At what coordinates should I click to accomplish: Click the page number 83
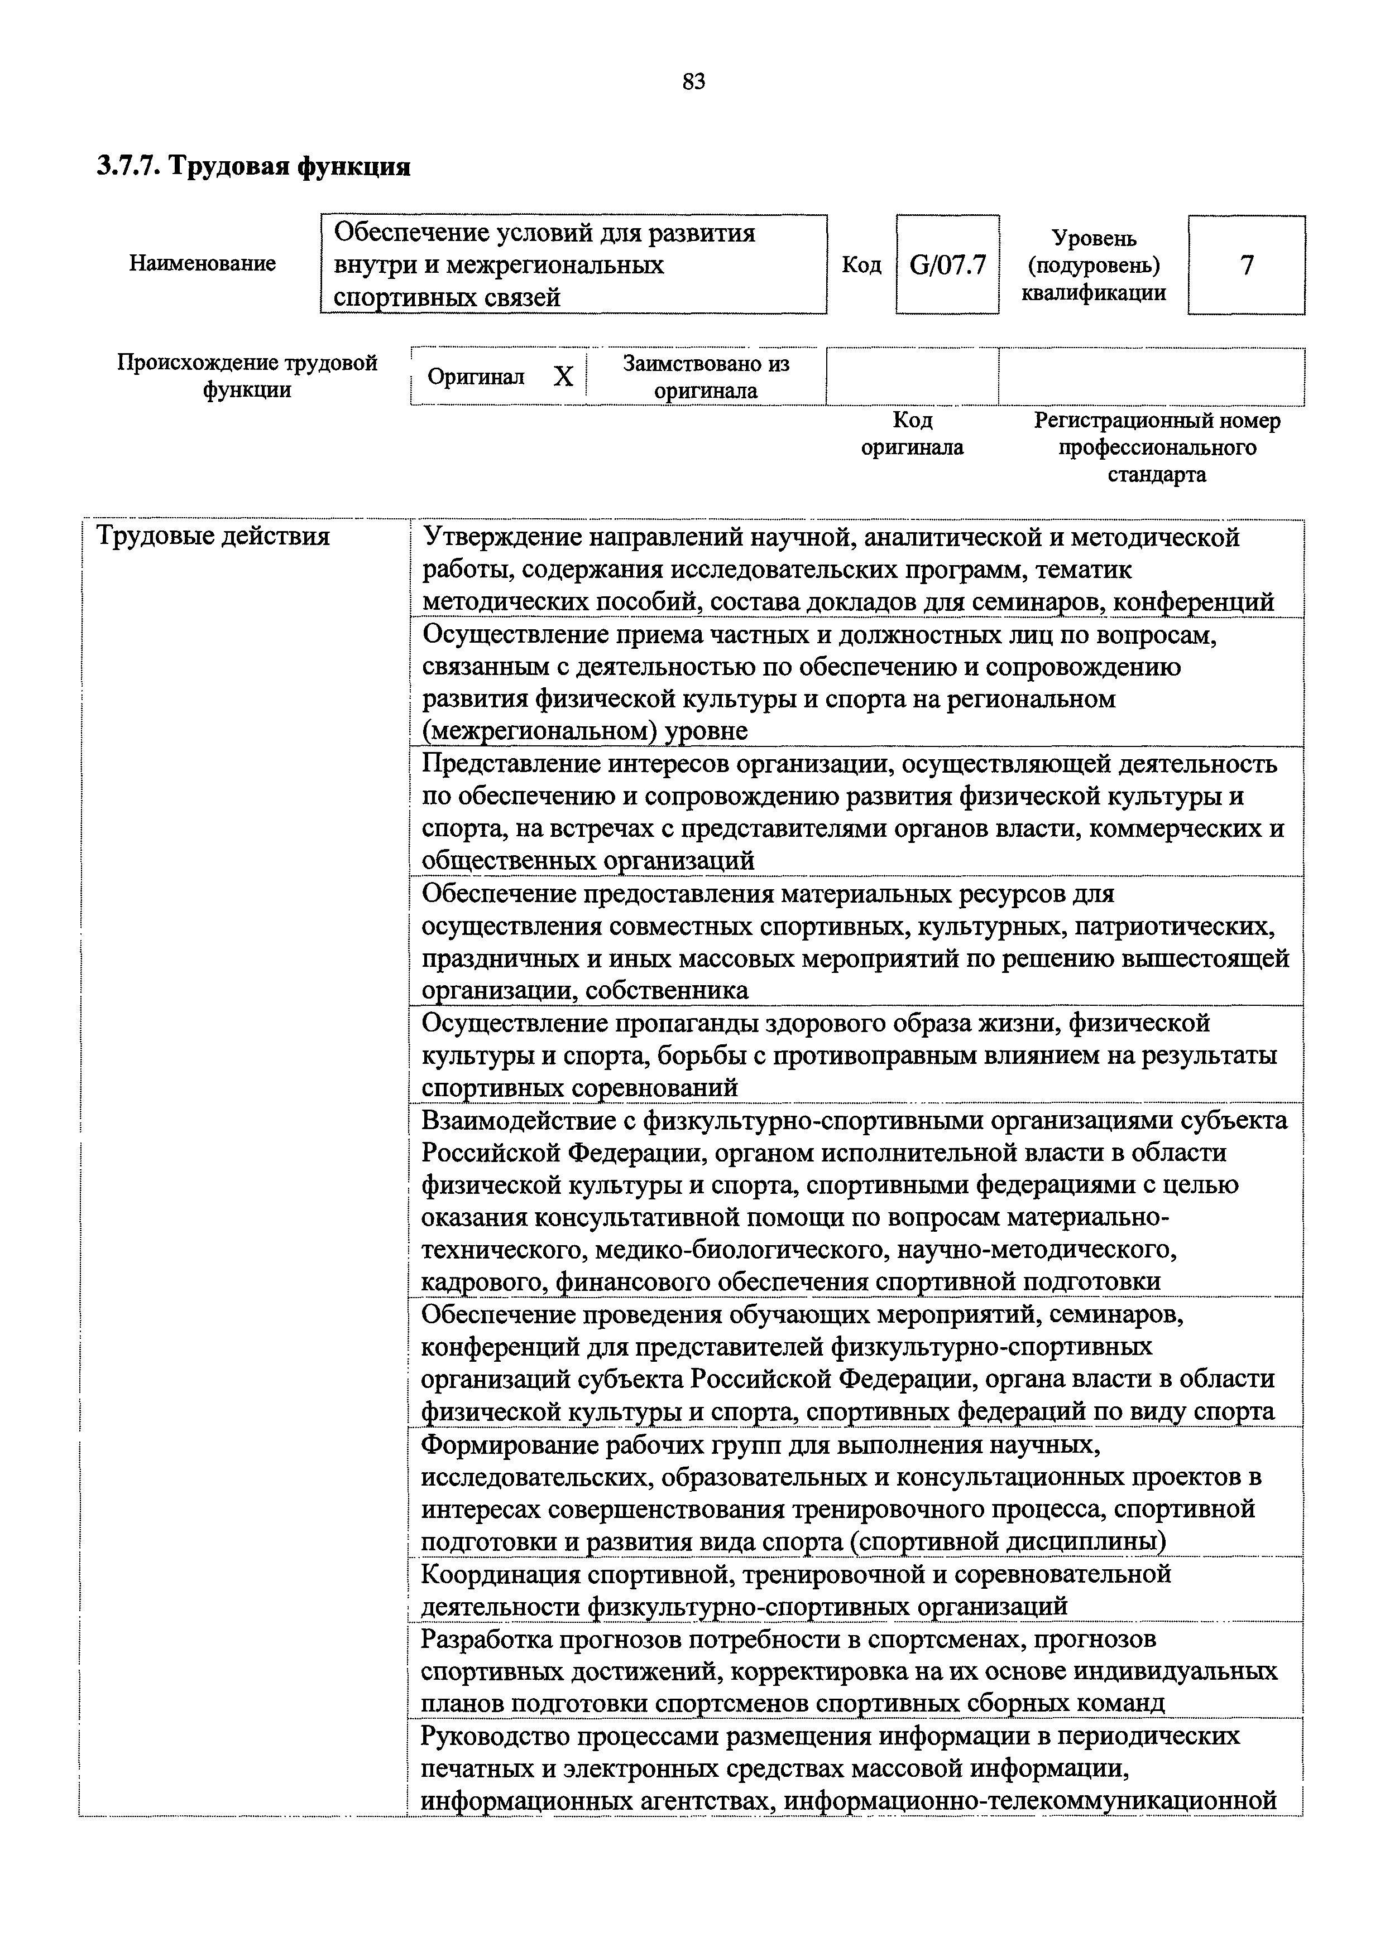point(693,82)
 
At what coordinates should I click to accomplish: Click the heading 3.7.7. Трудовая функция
point(253,165)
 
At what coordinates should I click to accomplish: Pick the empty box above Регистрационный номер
point(1151,376)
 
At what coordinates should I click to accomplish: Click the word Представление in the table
point(512,764)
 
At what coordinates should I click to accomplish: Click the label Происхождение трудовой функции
point(247,377)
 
